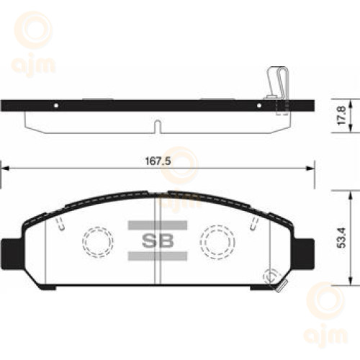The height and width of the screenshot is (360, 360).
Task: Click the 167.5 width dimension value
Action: (x=158, y=161)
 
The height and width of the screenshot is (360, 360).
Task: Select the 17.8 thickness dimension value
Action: (x=341, y=115)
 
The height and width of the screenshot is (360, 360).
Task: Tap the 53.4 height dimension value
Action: (x=341, y=238)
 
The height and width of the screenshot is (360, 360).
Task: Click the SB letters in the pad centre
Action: (x=158, y=240)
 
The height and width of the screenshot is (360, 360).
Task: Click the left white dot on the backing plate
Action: (x=56, y=105)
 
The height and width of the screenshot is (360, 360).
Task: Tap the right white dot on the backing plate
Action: (x=259, y=105)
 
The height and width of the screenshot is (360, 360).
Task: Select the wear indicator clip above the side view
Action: (x=278, y=83)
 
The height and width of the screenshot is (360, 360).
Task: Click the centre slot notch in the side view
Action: (x=157, y=126)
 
